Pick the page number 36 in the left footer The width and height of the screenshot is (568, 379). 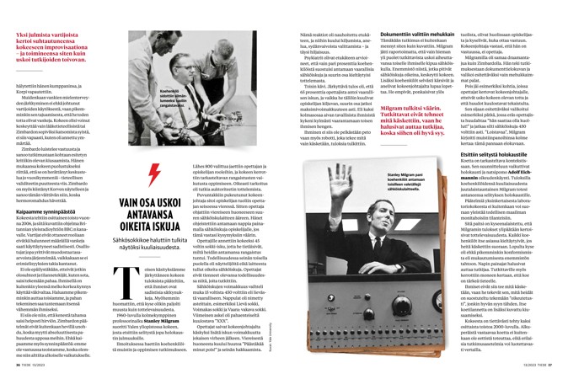[18, 364]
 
